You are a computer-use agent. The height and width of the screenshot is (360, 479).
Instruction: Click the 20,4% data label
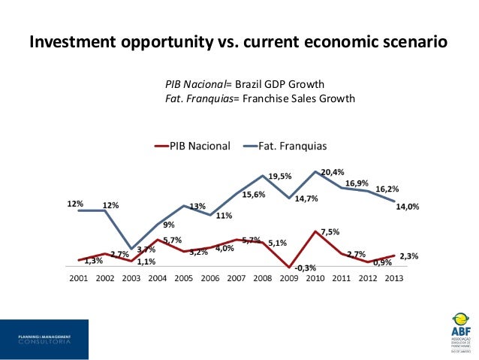point(333,172)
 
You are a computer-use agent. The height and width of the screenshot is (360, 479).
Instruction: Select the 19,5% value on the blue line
point(279,177)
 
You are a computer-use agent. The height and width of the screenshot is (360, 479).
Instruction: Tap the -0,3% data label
point(306,268)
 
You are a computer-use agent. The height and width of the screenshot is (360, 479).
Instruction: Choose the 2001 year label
point(78,277)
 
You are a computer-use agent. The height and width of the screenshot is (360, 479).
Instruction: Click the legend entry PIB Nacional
point(199,145)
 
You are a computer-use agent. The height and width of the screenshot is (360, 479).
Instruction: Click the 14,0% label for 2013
point(408,207)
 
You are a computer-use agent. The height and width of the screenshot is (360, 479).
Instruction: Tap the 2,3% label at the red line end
point(408,256)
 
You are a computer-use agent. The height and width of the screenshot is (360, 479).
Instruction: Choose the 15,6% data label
point(253,195)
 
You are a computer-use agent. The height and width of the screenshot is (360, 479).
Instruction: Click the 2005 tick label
point(183,277)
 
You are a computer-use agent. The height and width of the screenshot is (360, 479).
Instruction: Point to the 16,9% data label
point(357,183)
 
